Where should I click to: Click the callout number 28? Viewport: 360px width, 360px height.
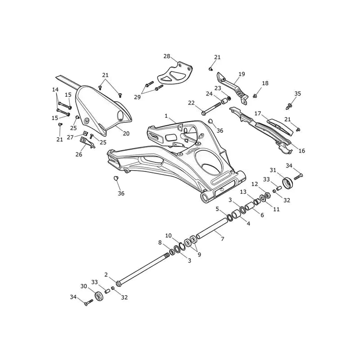167,56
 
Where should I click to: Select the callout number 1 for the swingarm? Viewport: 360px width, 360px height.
166,116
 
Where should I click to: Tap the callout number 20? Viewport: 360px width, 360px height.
126,133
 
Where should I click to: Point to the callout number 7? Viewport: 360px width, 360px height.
222,239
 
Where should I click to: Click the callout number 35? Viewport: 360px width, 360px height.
297,94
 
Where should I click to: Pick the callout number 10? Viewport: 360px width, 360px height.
168,235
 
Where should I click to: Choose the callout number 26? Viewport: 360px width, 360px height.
79,154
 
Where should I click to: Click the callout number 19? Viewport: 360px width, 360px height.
242,74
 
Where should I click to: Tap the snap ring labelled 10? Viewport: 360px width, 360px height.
183,246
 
